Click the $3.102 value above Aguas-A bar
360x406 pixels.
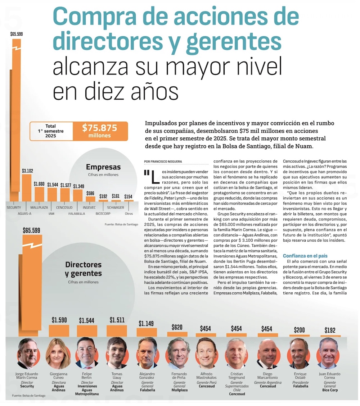coord(27,171)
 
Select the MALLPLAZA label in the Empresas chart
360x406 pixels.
coord(39,208)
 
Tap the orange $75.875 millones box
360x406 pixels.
coord(100,131)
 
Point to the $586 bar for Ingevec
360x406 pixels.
coord(91,199)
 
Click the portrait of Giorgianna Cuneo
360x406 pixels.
coord(58,353)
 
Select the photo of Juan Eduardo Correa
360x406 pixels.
coord(328,353)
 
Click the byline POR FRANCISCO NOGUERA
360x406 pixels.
coord(163,162)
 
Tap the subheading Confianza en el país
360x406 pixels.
coord(305,256)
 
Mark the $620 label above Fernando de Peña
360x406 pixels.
coord(177,327)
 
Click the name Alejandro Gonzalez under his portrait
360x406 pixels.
coord(147,376)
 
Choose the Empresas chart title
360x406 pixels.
coord(103,167)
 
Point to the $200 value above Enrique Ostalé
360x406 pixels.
coord(299,330)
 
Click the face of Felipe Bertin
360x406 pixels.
coord(86,352)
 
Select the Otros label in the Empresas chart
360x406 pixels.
coord(129,214)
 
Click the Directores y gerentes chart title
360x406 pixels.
coord(84,269)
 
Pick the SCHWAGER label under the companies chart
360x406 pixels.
coord(116,208)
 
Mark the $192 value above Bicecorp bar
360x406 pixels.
coord(103,196)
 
